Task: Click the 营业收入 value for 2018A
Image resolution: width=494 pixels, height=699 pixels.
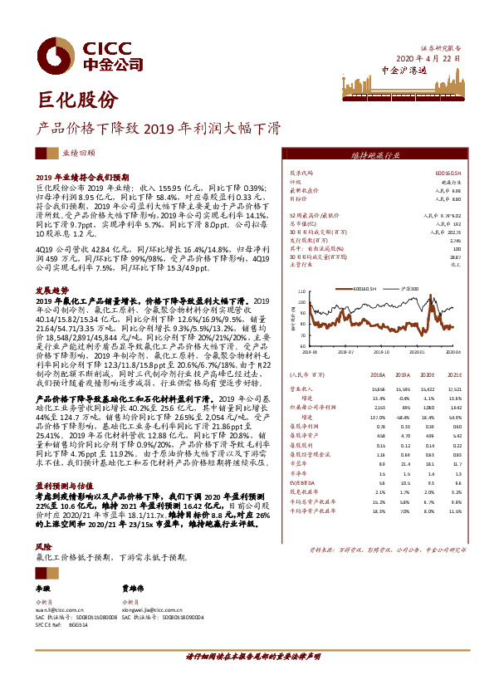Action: click(378, 388)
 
